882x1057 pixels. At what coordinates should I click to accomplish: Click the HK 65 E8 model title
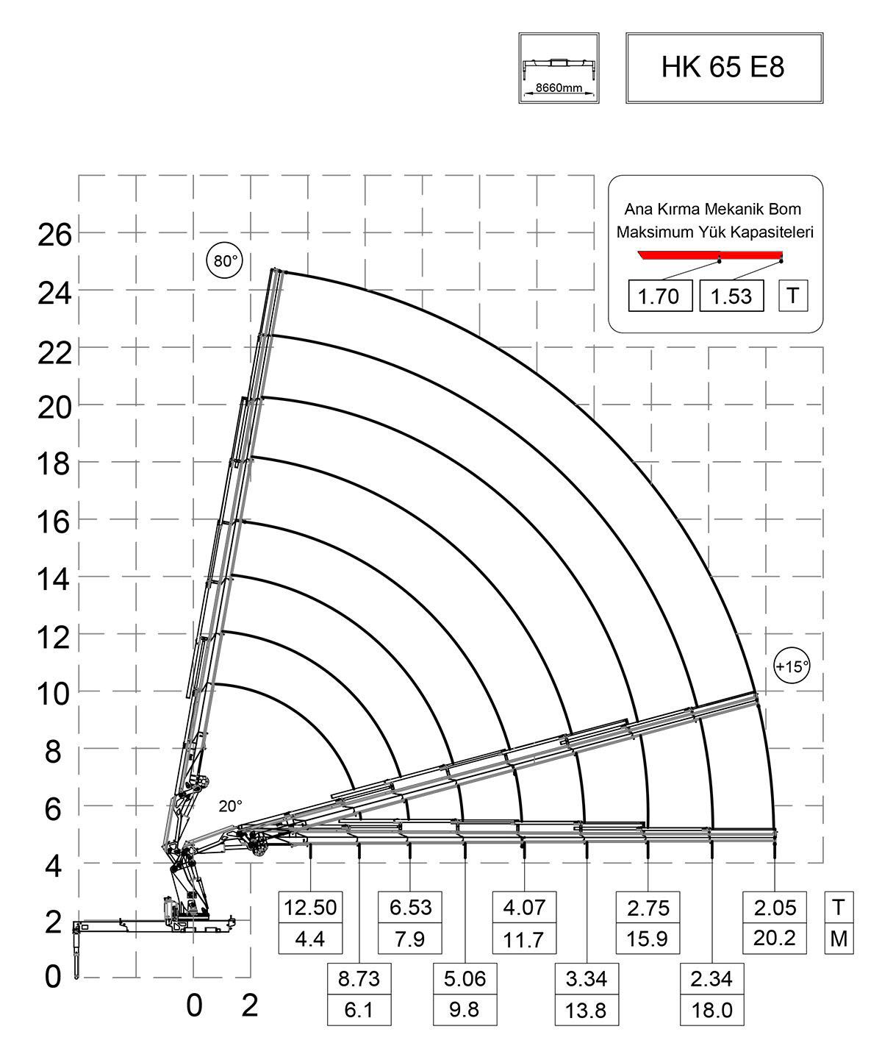pos(723,67)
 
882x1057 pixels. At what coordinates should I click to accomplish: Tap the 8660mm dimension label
pos(558,88)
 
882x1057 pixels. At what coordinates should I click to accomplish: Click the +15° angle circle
pos(792,666)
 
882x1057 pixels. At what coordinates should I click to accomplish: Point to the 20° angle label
pos(230,806)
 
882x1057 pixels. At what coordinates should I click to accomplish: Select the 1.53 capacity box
pos(731,296)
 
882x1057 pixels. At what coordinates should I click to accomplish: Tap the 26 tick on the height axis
pos(55,235)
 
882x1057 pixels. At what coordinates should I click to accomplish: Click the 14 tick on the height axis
pos(55,580)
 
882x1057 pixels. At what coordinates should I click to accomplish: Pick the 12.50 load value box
pos(310,907)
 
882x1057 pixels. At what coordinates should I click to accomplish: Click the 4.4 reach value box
pos(310,939)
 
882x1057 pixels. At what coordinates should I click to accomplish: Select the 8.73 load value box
pos(359,980)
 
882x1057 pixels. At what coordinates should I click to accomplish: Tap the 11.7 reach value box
pos(524,939)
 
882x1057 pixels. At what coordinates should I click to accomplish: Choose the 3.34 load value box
pos(586,980)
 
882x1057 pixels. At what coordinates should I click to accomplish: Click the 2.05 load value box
pos(775,907)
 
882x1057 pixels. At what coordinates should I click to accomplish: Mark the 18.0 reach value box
pos(711,1011)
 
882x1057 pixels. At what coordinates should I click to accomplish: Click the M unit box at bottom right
pos(839,939)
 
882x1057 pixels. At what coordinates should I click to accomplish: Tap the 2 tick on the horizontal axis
pos(250,1005)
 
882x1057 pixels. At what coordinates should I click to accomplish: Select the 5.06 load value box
pos(464,980)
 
